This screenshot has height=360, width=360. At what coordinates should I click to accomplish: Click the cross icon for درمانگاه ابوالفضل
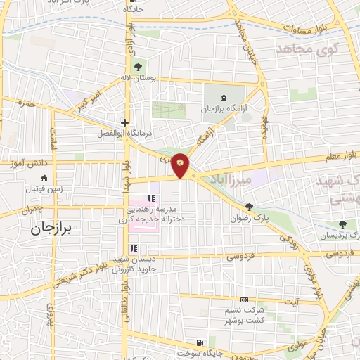click(124, 122)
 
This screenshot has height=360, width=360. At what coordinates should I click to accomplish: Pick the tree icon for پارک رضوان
click(250, 206)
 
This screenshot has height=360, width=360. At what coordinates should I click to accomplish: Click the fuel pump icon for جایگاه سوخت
click(201, 342)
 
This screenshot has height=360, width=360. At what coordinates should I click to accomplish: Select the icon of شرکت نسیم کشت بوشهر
click(244, 300)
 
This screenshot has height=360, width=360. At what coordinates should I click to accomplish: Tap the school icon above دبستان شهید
click(133, 247)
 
